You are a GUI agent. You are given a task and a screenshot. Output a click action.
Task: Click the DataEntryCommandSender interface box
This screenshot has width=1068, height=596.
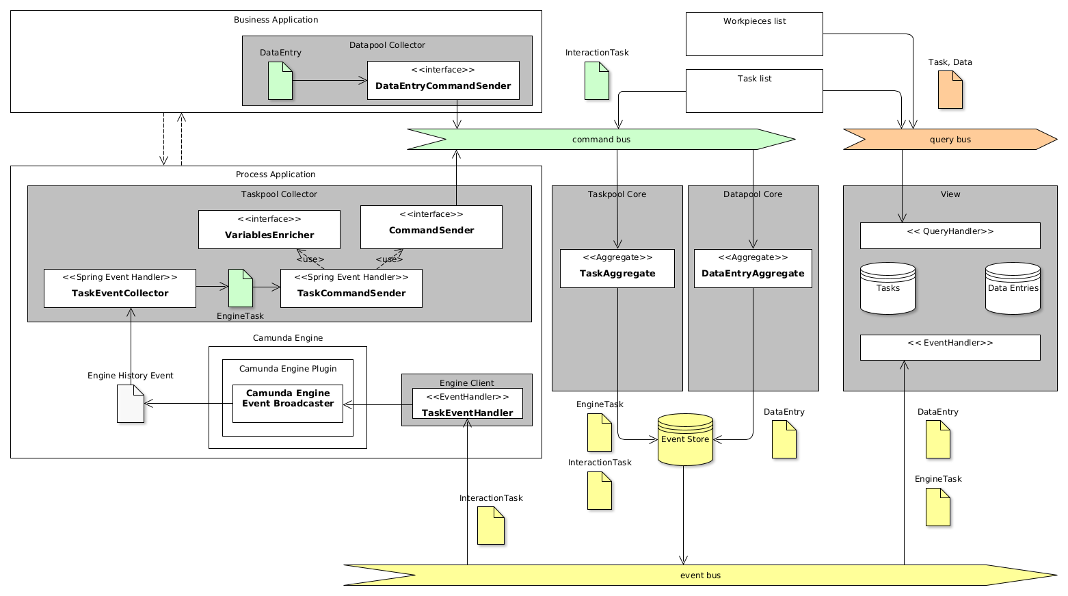[443, 81]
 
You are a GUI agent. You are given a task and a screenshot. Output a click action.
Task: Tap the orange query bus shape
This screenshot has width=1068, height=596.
[950, 140]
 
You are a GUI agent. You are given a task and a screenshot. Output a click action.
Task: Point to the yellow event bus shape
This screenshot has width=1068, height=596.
[699, 575]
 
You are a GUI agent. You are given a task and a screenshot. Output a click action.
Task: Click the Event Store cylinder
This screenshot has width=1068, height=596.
[685, 440]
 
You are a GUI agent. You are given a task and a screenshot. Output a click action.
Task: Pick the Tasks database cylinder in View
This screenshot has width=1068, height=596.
[887, 289]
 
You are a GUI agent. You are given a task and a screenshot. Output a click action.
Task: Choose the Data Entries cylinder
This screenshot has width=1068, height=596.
[1013, 289]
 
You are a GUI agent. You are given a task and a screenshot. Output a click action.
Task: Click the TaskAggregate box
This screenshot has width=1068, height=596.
[617, 269]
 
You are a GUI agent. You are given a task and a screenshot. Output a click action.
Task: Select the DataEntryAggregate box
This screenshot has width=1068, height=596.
[753, 269]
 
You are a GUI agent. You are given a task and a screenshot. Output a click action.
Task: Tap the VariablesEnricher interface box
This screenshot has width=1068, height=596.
[269, 230]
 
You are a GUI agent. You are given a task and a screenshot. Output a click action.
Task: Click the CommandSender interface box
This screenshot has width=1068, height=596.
[431, 227]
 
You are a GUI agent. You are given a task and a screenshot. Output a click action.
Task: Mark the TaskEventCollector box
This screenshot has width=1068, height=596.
[120, 289]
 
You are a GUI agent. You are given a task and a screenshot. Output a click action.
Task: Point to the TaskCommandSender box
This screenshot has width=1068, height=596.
[351, 289]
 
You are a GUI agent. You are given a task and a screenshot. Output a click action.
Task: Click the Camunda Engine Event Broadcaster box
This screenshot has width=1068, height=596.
[288, 404]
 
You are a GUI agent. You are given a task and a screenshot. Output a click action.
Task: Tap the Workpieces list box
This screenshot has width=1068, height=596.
[754, 34]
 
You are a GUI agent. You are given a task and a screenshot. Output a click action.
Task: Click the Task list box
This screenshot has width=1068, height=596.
[754, 91]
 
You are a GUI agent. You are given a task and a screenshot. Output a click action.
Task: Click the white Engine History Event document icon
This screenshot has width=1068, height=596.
[131, 404]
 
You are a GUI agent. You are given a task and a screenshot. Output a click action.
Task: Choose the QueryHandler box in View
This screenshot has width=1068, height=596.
[950, 236]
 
